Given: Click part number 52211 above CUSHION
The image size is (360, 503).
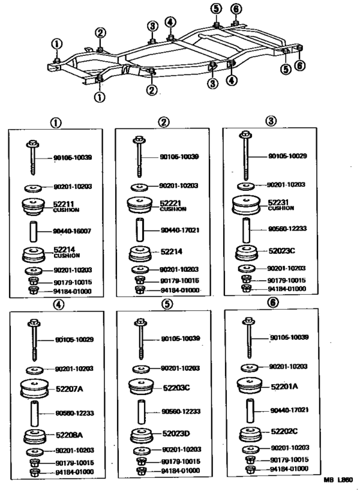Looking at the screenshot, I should [x=63, y=204].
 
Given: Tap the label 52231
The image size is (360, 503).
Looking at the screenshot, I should [x=280, y=202].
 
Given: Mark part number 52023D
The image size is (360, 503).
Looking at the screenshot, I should [x=177, y=434].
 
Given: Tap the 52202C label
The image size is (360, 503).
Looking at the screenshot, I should [x=284, y=432].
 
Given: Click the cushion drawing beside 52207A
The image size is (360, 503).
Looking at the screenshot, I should [x=36, y=389].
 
